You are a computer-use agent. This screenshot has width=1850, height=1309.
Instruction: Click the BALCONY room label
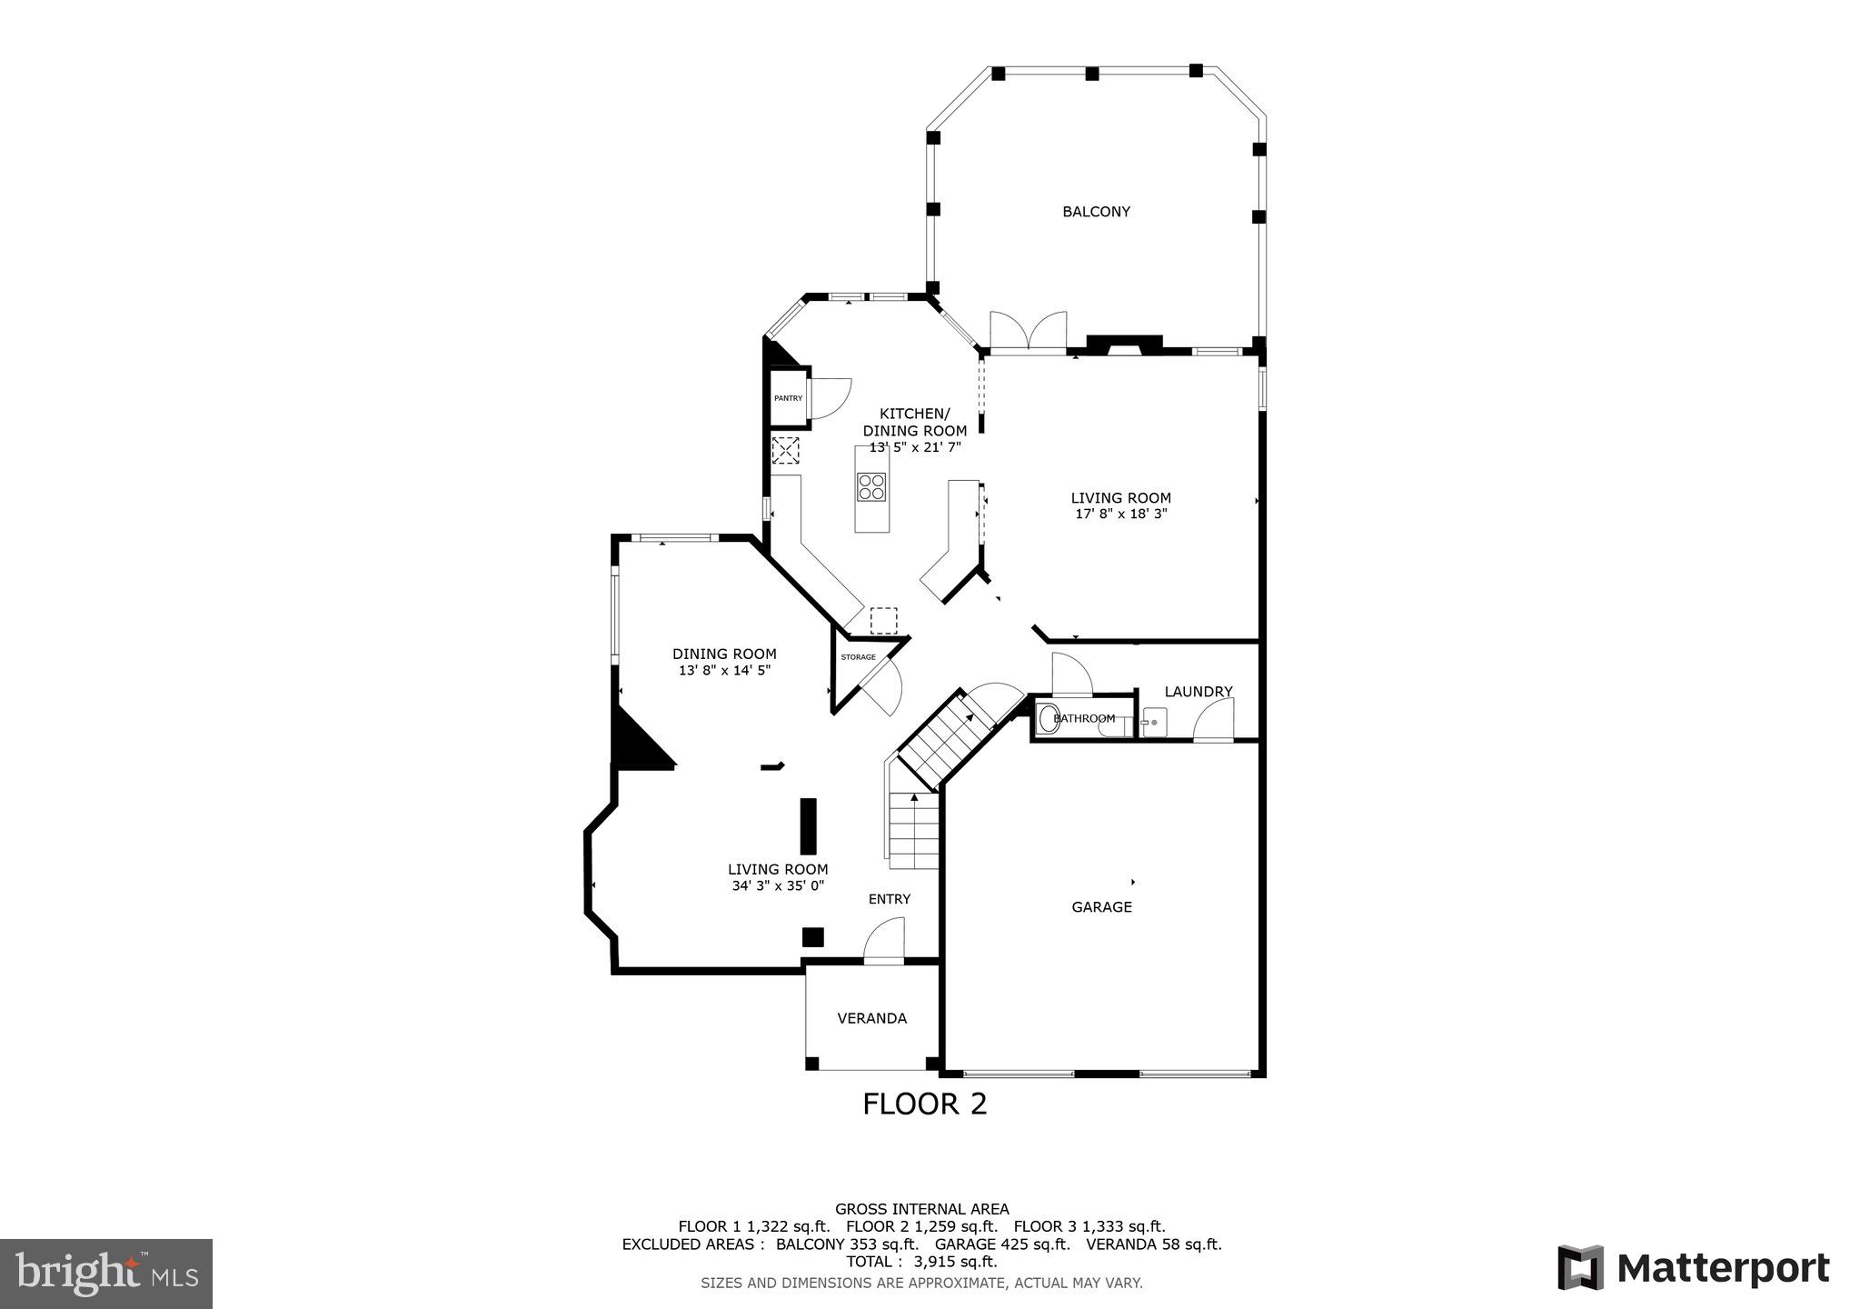[1096, 212]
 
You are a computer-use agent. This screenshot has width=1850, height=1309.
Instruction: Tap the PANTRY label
[788, 398]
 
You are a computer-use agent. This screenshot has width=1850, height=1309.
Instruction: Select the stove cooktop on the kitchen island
[871, 487]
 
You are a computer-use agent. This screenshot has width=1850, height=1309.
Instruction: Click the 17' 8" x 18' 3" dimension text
[1120, 514]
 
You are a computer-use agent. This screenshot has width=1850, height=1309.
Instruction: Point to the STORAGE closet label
[858, 657]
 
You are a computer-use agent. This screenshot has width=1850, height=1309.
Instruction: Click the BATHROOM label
[1084, 719]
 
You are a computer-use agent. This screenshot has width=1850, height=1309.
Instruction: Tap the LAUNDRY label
[1198, 692]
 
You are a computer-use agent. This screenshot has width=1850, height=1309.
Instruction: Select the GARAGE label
[1101, 906]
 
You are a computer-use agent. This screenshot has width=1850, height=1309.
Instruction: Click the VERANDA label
[871, 1018]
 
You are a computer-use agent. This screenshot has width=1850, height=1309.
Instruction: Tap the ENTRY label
[889, 899]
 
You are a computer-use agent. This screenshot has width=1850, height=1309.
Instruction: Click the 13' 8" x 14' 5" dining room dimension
[724, 670]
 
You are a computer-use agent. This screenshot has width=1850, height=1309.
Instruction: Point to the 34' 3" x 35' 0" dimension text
[778, 885]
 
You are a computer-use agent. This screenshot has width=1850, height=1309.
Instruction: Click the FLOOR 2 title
[924, 1104]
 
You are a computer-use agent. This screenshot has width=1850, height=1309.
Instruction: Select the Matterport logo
[1693, 1267]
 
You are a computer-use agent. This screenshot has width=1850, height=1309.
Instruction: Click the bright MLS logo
[106, 1274]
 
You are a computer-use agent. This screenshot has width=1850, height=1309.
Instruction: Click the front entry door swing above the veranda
[884, 941]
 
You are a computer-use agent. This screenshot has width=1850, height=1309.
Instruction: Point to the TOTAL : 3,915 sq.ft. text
[921, 1262]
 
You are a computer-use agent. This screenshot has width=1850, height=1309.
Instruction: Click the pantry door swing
[828, 398]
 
